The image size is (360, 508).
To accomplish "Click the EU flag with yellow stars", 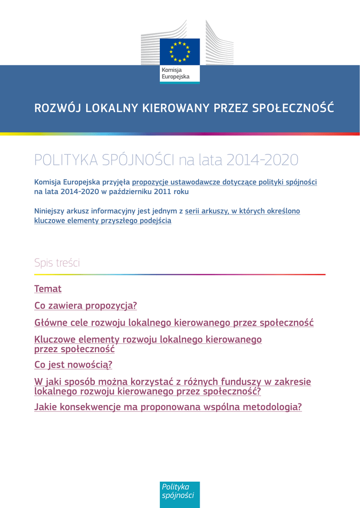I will [179, 52].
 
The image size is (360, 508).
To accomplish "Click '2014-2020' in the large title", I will [262, 160].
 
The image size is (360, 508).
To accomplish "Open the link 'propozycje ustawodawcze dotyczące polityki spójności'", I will [224, 182].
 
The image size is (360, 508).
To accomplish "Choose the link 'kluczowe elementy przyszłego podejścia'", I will [103, 220].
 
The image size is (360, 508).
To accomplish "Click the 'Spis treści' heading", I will [57, 263].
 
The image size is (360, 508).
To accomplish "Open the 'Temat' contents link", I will [48, 289].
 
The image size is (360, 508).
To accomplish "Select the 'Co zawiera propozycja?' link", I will [85, 306].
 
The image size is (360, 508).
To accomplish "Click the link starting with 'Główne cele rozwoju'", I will [174, 323].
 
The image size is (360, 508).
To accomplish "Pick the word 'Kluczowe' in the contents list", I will [56, 340].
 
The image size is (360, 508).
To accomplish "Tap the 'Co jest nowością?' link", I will [73, 365].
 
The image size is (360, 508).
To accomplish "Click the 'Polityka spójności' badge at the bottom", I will [179, 491].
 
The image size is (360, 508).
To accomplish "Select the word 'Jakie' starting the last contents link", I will [46, 408].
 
